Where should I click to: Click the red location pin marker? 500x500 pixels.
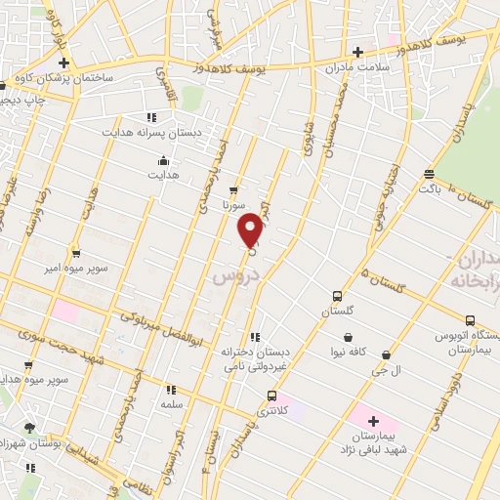point(251,229)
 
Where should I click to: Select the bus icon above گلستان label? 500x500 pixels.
point(337,296)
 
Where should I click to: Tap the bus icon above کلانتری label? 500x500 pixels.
point(271,396)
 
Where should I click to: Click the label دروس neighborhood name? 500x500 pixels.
point(233,276)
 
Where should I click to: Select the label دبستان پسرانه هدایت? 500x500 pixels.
point(151,131)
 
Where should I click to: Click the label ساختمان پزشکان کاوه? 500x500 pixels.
point(69,76)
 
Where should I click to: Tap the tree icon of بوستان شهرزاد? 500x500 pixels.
point(29,428)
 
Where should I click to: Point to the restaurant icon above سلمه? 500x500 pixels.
point(171,388)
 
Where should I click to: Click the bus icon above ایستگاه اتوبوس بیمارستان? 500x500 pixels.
point(471,320)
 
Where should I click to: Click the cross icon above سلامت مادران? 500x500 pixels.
point(357,53)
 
